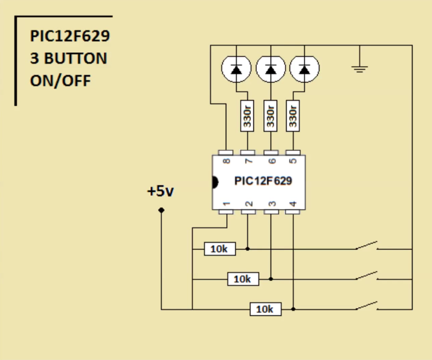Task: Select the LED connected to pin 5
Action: [305, 70]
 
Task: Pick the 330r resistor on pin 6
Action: [271, 117]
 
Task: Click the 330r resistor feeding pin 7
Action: [247, 117]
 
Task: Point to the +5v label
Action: [161, 192]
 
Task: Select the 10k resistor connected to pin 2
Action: [220, 249]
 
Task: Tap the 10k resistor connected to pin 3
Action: [243, 279]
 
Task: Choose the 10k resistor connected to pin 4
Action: [265, 309]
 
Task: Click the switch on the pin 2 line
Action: [366, 247]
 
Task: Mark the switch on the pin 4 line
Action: [366, 307]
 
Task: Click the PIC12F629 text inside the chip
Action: [263, 181]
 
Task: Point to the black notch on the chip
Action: [215, 182]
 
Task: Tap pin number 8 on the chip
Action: [227, 161]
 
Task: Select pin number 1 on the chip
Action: [226, 204]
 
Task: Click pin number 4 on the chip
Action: [293, 204]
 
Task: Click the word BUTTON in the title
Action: [75, 59]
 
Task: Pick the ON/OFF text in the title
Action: [60, 80]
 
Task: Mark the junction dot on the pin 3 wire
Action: [271, 279]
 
